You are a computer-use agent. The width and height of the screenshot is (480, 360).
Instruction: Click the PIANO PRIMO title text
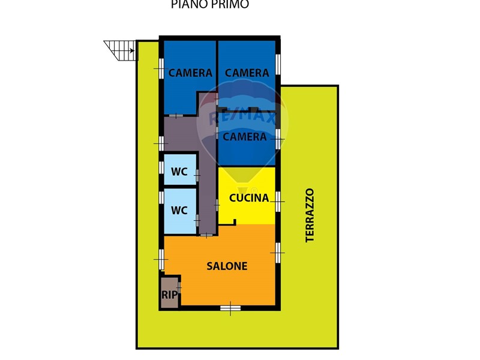tap(209, 4)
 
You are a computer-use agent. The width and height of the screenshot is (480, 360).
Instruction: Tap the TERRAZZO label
tap(310, 215)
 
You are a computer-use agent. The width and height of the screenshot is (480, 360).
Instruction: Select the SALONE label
tap(227, 266)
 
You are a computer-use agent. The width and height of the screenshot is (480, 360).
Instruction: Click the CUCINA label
tap(249, 198)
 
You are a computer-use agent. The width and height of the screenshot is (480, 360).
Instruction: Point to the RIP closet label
tap(169, 295)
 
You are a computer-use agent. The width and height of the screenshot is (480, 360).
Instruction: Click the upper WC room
tap(180, 169)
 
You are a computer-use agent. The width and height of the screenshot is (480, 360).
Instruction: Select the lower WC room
tap(180, 211)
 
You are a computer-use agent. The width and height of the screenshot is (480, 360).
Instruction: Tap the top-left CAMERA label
tap(190, 73)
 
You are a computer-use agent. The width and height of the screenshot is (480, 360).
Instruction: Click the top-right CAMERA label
tap(247, 73)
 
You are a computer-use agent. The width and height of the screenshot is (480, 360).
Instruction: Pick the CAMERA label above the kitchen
tap(244, 137)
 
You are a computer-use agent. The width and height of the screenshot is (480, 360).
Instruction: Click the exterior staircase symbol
tap(120, 50)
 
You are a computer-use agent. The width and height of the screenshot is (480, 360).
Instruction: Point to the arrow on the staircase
tap(132, 51)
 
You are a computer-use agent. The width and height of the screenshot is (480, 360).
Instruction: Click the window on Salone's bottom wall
tap(230, 308)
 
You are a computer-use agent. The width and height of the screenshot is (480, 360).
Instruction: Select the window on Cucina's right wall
tap(278, 202)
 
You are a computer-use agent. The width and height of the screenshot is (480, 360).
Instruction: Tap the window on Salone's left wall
tap(161, 259)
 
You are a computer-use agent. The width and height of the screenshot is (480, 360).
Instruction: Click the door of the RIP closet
tap(179, 287)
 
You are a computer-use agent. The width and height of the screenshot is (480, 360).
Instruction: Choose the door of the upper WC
tap(197, 175)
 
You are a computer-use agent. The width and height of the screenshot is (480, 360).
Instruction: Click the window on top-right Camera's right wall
tap(278, 64)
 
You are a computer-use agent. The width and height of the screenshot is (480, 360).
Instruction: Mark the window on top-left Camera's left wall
tap(161, 68)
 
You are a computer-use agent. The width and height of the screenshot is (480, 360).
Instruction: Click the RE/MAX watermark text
tap(242, 118)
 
